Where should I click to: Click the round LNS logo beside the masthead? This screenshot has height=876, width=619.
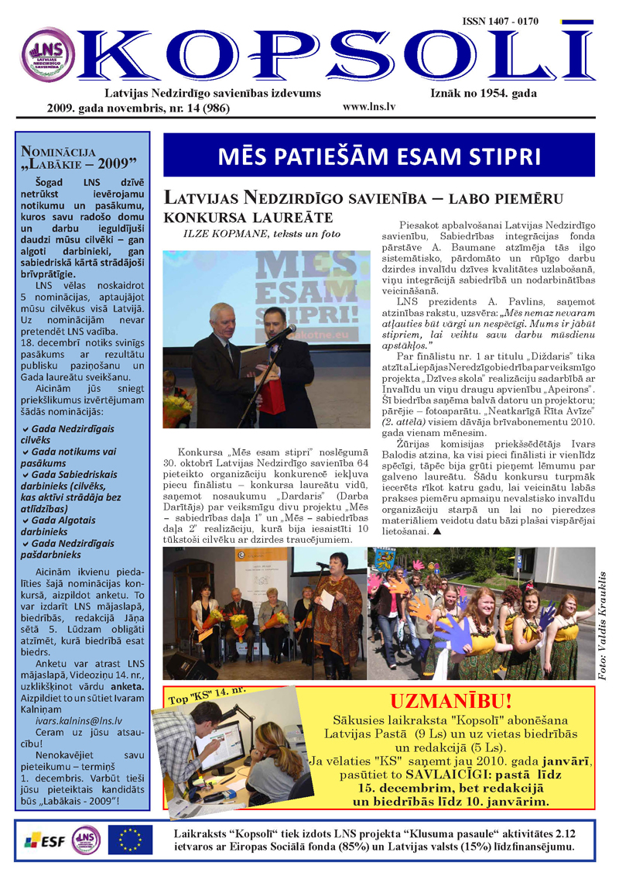point(48,54)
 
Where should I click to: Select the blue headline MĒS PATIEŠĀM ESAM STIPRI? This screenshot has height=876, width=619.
point(379,156)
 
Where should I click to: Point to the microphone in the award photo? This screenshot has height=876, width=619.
point(280,335)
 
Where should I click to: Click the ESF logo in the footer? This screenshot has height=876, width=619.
point(43,840)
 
